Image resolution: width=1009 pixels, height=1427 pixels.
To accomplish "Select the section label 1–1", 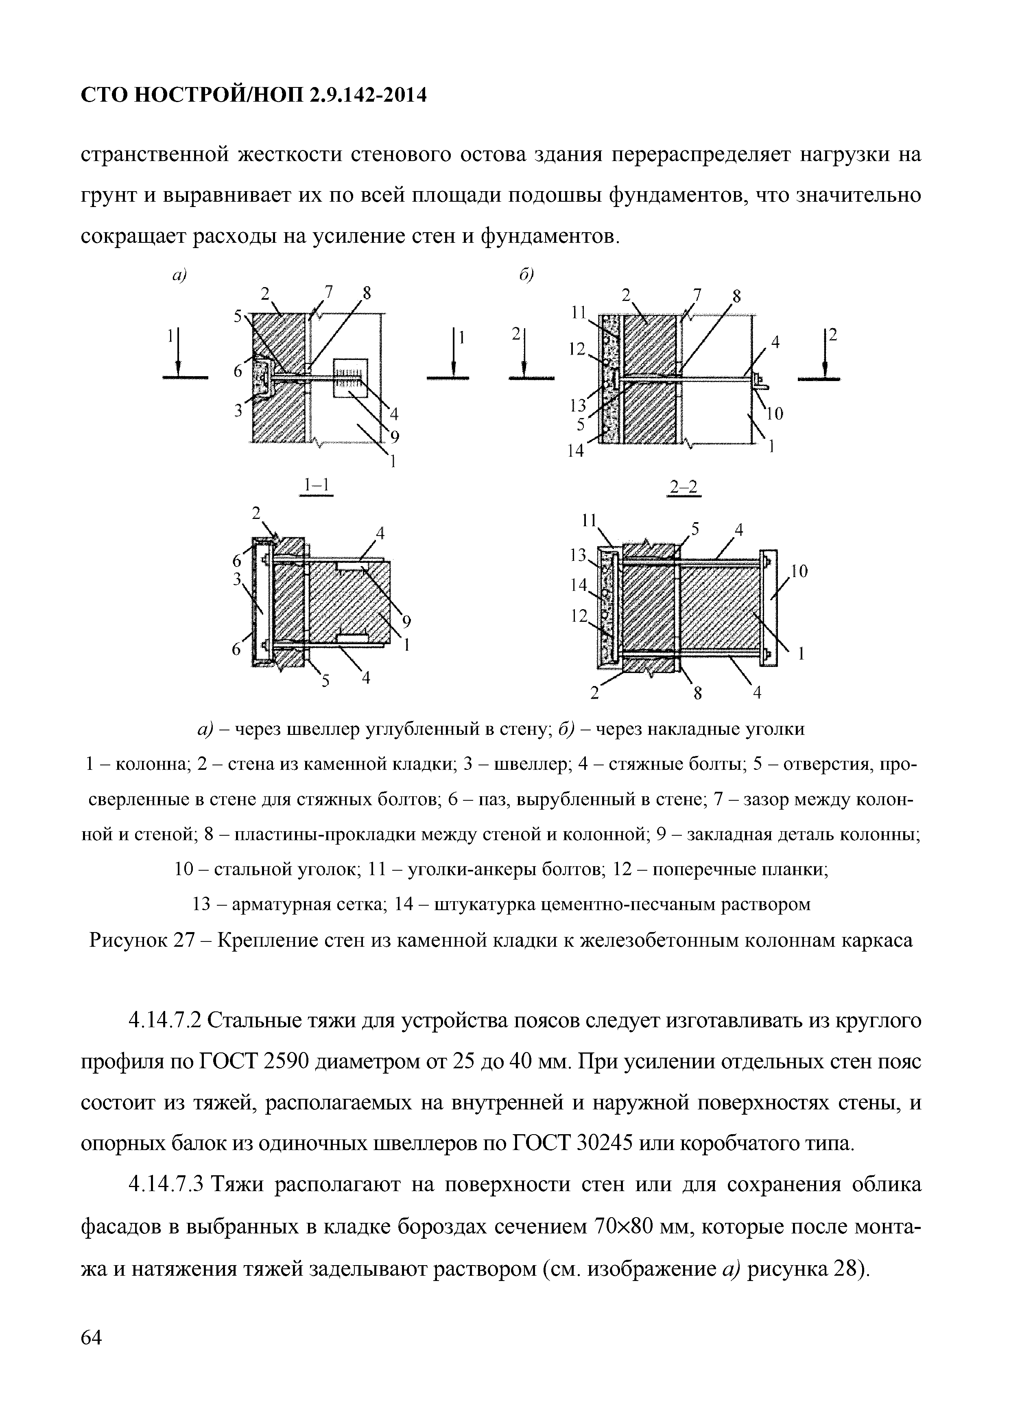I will point(317,485).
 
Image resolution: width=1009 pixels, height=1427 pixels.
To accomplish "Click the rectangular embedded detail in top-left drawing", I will point(351,377).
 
